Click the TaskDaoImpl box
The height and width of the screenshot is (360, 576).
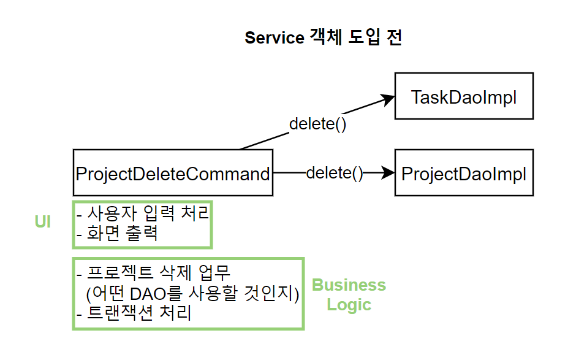[464, 96]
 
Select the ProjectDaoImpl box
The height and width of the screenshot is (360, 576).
[464, 173]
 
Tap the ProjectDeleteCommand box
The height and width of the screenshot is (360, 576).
[173, 173]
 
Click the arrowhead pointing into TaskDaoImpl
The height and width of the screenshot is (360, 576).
[387, 99]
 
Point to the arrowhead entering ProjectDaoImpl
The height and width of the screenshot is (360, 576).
[388, 172]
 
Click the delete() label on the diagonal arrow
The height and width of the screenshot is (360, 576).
[318, 124]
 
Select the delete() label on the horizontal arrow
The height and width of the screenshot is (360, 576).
[335, 173]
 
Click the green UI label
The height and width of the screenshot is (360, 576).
[43, 222]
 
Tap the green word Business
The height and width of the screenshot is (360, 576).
[349, 285]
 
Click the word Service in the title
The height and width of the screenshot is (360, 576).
[275, 38]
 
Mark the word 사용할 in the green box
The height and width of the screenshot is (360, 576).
[213, 293]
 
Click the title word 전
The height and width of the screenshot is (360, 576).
[394, 37]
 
